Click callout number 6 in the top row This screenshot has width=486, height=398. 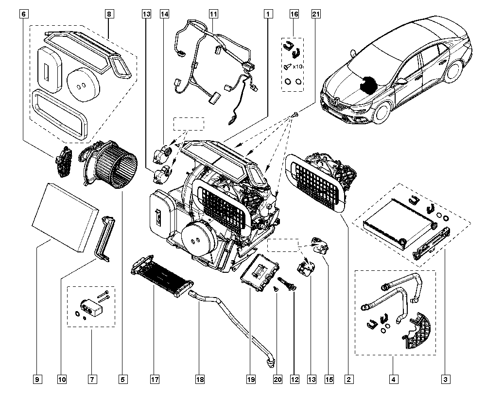(x=24, y=14)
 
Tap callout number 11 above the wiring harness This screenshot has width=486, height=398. (x=213, y=14)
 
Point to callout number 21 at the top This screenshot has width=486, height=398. (x=315, y=14)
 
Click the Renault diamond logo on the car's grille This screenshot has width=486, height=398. (x=335, y=100)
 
